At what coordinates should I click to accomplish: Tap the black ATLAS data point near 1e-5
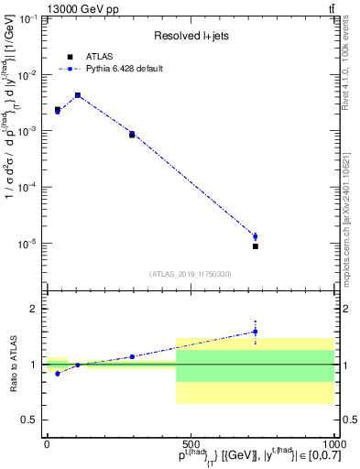[x=256, y=246]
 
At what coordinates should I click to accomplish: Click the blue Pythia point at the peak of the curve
[x=78, y=95]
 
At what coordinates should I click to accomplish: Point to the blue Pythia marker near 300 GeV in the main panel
[x=132, y=134]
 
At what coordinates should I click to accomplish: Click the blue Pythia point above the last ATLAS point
[x=256, y=236]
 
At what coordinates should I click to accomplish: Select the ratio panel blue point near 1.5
[x=256, y=332]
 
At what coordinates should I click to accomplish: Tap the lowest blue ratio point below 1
[x=58, y=374]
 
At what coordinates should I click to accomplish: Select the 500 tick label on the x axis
[x=191, y=443]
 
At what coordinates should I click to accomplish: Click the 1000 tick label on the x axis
[x=333, y=443]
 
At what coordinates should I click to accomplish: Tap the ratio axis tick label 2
[x=35, y=309]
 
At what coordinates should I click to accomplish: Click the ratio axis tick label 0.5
[x=30, y=420]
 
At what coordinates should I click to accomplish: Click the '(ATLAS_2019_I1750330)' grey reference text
[x=191, y=274]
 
